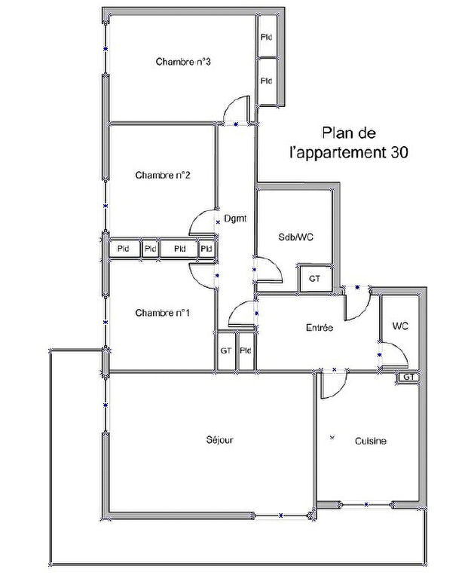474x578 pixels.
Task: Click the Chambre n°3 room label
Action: click(x=183, y=62)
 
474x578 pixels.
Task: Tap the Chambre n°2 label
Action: click(x=163, y=175)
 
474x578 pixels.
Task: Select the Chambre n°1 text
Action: click(x=163, y=313)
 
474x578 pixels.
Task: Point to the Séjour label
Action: click(x=220, y=440)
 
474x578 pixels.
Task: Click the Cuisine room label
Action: click(x=371, y=441)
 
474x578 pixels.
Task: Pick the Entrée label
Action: click(x=320, y=327)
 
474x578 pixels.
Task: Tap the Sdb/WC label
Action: click(x=295, y=237)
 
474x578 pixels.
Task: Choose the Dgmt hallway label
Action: click(x=235, y=219)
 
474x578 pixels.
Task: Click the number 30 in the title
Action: click(x=399, y=152)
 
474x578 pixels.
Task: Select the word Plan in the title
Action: click(x=336, y=133)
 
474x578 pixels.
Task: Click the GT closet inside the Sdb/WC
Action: click(x=314, y=279)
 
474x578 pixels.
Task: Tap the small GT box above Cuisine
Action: click(x=408, y=377)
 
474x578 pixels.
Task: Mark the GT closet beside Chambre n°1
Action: click(x=225, y=350)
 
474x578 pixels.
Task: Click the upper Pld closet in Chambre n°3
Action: click(x=267, y=37)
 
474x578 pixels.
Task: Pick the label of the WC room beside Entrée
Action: click(x=400, y=326)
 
